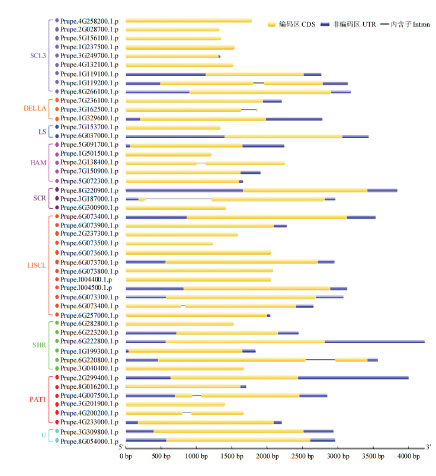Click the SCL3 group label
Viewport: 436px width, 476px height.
point(38,56)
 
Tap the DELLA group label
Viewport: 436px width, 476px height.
point(35,108)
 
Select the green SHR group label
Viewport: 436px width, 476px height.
point(40,345)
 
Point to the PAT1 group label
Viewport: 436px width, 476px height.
point(38,400)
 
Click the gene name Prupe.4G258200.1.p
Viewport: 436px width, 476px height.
point(89,21)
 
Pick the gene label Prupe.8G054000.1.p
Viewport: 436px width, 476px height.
point(89,442)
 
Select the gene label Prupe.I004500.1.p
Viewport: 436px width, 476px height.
point(86,287)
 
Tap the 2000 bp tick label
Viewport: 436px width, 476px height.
point(267,456)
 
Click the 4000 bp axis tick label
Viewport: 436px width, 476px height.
point(409,456)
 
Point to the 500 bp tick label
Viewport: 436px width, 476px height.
point(161,456)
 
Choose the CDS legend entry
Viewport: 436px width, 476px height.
point(291,24)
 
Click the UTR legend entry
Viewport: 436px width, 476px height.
point(348,24)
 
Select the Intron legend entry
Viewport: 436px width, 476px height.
point(405,24)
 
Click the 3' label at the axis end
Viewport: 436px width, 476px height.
point(428,447)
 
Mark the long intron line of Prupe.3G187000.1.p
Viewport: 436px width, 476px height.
point(178,199)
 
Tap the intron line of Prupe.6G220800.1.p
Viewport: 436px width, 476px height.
point(320,360)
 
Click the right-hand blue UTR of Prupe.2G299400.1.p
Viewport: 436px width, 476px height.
point(353,378)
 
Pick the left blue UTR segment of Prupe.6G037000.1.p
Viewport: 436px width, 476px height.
point(175,136)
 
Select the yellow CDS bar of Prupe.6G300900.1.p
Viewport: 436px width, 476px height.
point(176,208)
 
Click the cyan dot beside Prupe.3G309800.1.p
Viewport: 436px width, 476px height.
point(57,431)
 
